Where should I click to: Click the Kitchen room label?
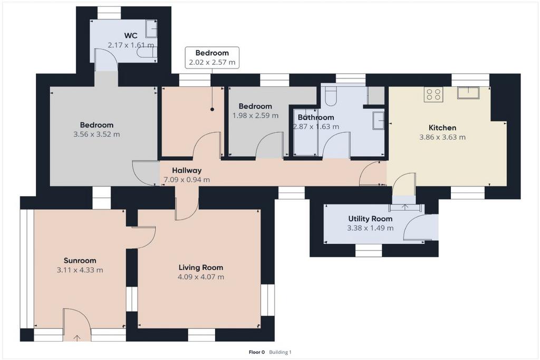pyautogui.click(x=442, y=128)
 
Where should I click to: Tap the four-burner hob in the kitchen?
pyautogui.click(x=433, y=94)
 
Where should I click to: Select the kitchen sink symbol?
pyautogui.click(x=468, y=93)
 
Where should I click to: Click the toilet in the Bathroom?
pyautogui.click(x=331, y=96)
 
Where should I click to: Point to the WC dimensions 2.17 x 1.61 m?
pyautogui.click(x=131, y=45)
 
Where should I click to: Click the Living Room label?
pyautogui.click(x=201, y=267)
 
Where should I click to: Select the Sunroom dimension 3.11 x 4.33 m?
pyautogui.click(x=80, y=270)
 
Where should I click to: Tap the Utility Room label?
pyautogui.click(x=370, y=219)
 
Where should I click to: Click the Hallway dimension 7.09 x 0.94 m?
pyautogui.click(x=187, y=180)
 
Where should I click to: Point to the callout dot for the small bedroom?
pyautogui.click(x=212, y=110)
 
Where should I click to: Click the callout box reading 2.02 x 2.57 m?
pyautogui.click(x=212, y=57)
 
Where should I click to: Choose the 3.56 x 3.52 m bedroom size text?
pyautogui.click(x=97, y=134)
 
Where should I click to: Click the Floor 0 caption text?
pyautogui.click(x=257, y=352)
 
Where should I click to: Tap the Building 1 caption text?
pyautogui.click(x=281, y=352)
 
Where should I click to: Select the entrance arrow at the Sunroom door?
pyautogui.click(x=77, y=338)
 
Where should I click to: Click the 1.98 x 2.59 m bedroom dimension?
pyautogui.click(x=256, y=115)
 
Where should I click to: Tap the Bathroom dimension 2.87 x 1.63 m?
pyautogui.click(x=316, y=127)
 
